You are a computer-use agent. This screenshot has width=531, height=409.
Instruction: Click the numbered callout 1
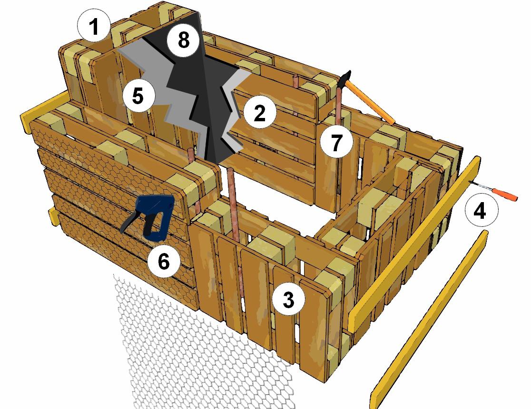94,26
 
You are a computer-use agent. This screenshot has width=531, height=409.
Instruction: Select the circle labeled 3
288,299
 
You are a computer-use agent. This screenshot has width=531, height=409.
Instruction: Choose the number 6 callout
164,261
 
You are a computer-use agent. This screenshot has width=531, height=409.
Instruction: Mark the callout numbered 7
336,142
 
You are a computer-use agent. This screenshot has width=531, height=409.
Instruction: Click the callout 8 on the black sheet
184,40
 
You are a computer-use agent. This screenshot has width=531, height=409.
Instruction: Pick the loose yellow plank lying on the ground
429,320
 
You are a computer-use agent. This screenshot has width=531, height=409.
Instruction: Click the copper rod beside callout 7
338,105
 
